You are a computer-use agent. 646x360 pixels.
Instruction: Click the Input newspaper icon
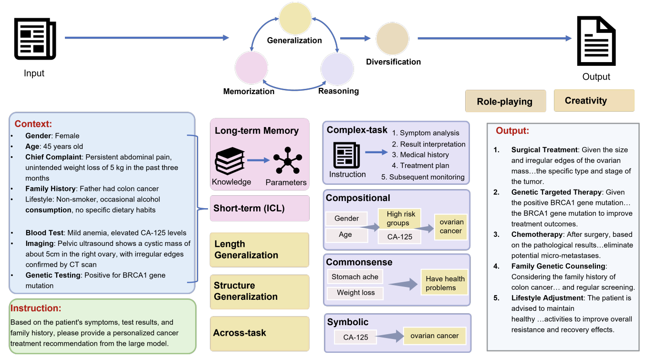35,38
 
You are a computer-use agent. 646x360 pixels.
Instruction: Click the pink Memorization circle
251,68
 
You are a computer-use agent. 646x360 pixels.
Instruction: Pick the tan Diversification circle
392,39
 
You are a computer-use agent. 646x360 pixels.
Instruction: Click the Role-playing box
505,101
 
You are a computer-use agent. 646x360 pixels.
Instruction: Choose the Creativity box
594,100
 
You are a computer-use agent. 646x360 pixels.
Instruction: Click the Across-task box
260,333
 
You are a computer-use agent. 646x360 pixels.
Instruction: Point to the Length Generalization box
260,250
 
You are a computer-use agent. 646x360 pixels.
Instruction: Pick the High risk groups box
400,218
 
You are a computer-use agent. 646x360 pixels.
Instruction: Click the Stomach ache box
355,276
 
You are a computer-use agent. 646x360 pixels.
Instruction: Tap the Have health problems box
445,283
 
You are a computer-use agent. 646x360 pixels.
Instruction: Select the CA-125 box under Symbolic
355,337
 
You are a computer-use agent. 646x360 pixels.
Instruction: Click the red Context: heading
33,124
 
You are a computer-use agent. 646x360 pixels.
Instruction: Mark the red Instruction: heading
36,308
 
